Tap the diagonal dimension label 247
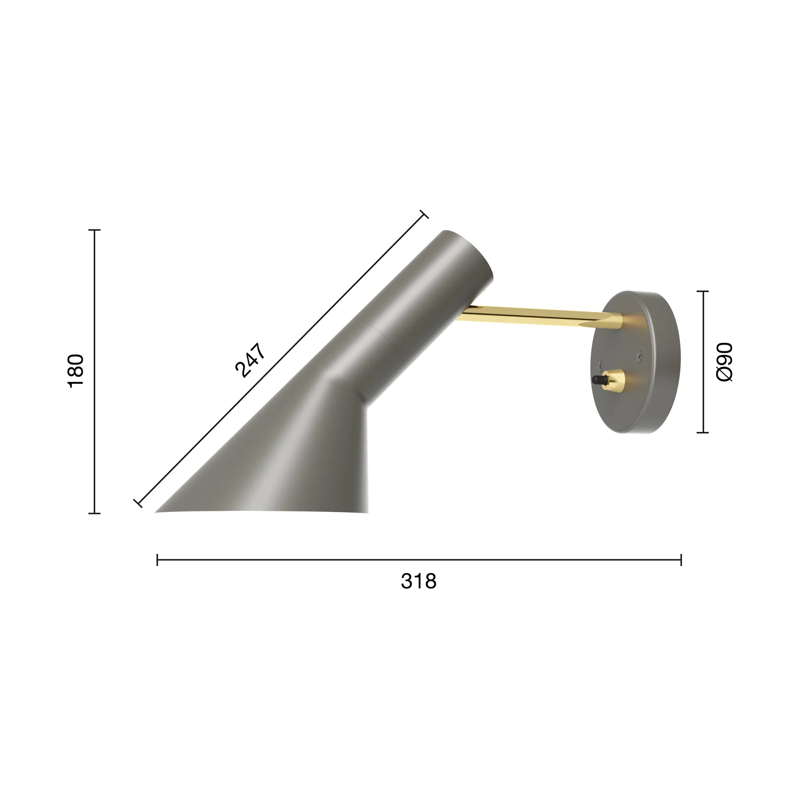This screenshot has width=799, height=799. [x=250, y=360]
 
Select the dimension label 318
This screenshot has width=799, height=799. [x=419, y=581]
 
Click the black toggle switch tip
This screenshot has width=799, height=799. [x=597, y=380]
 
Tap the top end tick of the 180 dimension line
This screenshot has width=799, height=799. [x=94, y=230]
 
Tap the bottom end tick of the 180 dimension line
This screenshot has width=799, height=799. [x=94, y=514]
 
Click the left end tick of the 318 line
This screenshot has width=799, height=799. [x=157, y=560]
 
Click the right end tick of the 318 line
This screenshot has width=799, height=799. [x=681, y=560]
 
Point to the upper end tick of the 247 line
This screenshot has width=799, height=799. [x=424, y=214]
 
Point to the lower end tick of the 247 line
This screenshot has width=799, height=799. [x=138, y=503]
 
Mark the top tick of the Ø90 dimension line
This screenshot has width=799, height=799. [x=703, y=291]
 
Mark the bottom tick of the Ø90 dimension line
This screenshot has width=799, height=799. [x=703, y=433]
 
